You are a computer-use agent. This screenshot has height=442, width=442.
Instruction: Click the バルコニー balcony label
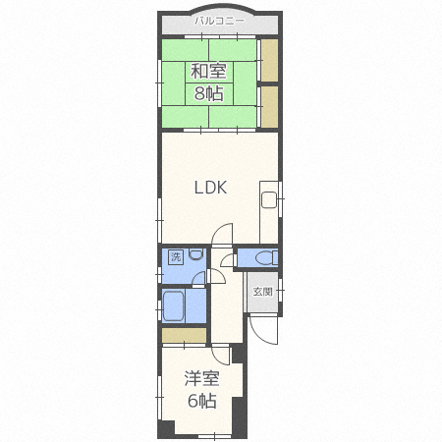pos(219,22)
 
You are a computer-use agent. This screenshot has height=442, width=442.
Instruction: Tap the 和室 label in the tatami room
pos(208,72)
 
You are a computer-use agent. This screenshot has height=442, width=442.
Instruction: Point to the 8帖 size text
pos(208,93)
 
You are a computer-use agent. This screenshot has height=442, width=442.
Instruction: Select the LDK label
pos(210,188)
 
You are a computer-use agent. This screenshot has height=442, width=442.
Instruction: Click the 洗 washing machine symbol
pos(176,257)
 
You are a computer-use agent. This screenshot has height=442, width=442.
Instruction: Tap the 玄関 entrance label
pos(262,292)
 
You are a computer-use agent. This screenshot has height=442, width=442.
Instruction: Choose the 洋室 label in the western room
pos(201,378)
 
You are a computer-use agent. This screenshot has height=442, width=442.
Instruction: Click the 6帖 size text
pos(201,401)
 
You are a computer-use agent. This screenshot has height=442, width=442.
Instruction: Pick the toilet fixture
pos(266,257)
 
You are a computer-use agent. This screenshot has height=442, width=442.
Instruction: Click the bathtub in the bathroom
pos(173,306)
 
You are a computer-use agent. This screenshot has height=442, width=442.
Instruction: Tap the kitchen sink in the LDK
pos(269,199)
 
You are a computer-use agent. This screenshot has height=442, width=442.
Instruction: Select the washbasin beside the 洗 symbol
pos(196,254)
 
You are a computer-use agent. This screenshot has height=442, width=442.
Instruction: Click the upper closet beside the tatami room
pos(269,61)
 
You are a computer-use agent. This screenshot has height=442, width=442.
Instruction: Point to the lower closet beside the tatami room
pos(269,107)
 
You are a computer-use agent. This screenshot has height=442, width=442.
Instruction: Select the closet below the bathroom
pos(184,336)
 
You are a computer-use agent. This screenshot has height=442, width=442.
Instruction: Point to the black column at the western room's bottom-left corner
pos(166,428)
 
